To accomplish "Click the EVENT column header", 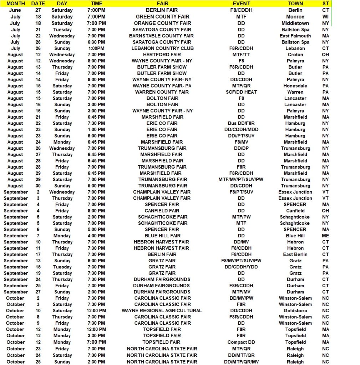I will (x=241, y=4).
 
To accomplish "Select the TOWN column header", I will (x=295, y=4).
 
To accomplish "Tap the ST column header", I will (x=325, y=4).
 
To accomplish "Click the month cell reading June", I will (x=15, y=10).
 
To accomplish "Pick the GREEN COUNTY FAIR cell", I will (x=162, y=16).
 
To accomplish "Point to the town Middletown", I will (x=295, y=23).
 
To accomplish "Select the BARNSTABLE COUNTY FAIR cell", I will (x=161, y=36).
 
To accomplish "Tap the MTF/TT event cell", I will (x=241, y=55).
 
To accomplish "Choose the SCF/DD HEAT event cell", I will (x=241, y=92).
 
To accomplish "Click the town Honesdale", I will (x=295, y=86).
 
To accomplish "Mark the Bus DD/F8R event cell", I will (x=241, y=123).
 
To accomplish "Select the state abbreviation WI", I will (x=325, y=16).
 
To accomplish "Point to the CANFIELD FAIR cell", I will (x=162, y=211).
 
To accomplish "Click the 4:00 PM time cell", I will (x=96, y=236).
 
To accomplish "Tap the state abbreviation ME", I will (x=325, y=236).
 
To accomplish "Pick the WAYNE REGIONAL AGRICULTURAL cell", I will (x=162, y=310).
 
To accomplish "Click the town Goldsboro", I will (x=295, y=310).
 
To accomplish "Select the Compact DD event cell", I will (x=241, y=342).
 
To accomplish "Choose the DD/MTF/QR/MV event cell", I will (x=241, y=362).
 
